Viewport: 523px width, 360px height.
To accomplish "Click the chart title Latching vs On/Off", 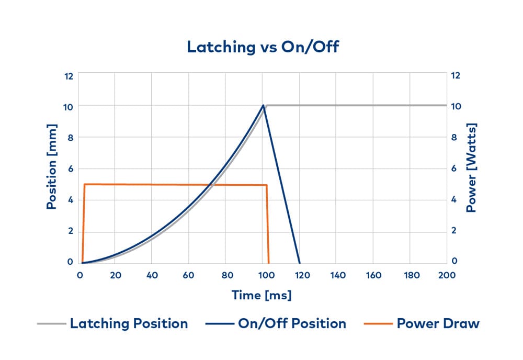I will tap(263, 47).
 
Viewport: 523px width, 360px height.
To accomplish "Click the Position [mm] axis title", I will tap(51, 167).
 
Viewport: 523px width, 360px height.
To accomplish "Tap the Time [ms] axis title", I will tap(261, 295).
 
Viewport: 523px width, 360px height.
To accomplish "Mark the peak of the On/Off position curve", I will tap(263, 105).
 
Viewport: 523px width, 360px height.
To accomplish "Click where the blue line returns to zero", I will tap(299, 263).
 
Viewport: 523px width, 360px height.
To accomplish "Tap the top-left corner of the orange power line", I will tap(85, 184).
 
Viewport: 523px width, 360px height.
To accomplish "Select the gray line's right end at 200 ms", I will tap(446, 105).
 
